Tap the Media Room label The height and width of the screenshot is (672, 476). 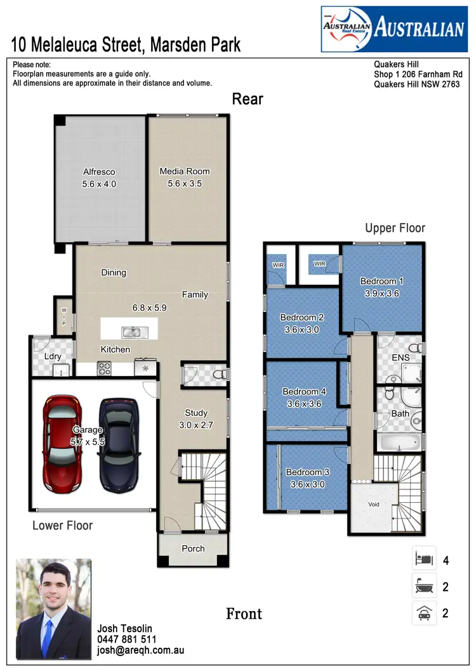[185, 171]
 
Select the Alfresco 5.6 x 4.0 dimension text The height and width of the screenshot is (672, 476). [100, 184]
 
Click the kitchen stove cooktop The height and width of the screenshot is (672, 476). [105, 368]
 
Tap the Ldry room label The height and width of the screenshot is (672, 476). [53, 356]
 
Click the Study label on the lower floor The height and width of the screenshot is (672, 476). [196, 413]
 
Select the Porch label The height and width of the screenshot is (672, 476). [193, 548]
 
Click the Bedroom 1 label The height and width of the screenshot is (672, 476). [381, 281]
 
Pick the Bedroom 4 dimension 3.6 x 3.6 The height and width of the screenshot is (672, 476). [305, 404]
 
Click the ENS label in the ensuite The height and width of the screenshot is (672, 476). [400, 358]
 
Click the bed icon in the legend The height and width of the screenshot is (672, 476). [424, 560]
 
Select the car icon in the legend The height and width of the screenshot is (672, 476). [424, 613]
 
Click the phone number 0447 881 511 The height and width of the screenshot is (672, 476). [127, 640]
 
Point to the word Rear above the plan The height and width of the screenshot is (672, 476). [247, 99]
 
